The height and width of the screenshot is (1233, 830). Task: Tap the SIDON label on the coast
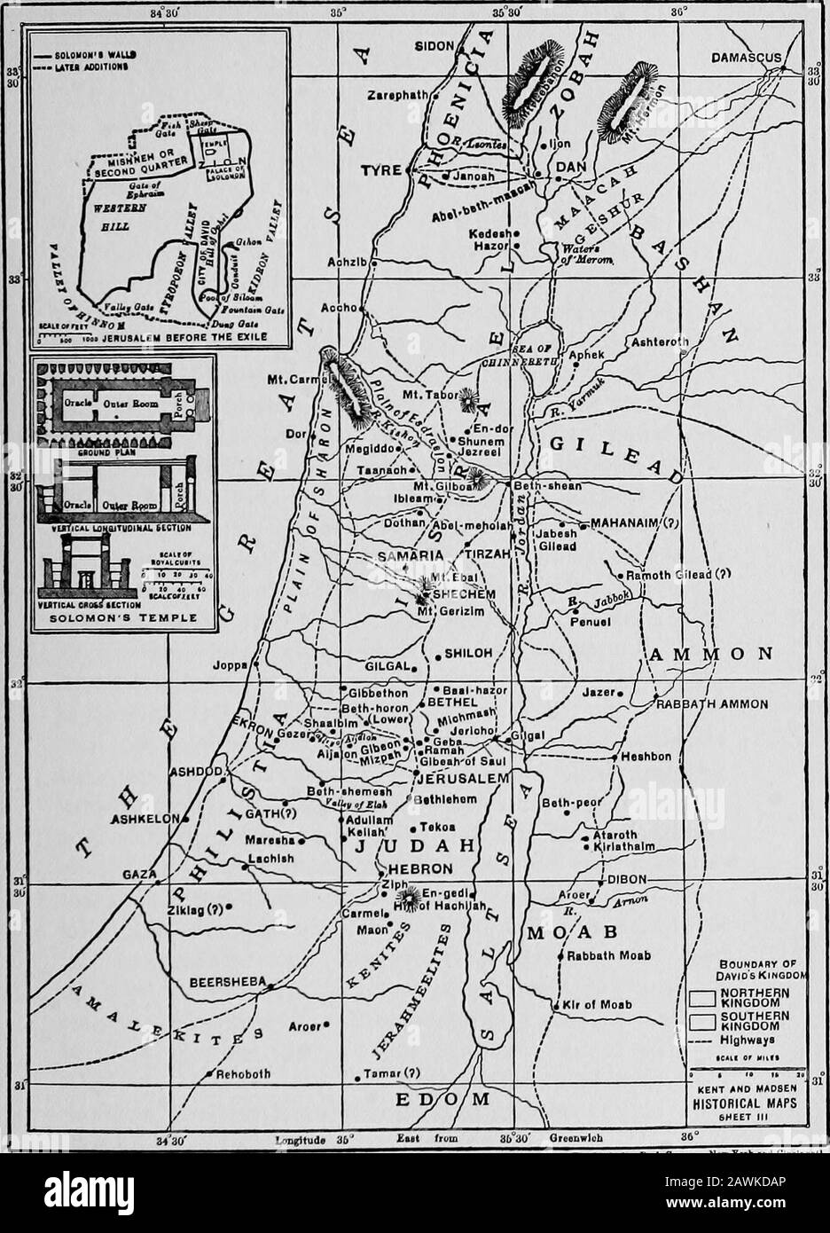click(434, 44)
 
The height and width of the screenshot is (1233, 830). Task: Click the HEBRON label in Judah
click(416, 868)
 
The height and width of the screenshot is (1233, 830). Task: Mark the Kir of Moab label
click(597, 1005)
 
